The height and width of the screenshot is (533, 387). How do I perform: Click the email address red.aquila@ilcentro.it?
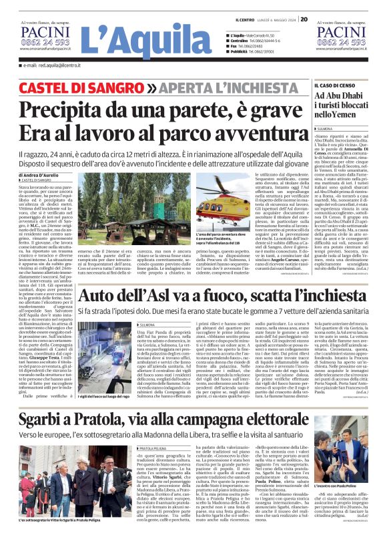click(x=49, y=65)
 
